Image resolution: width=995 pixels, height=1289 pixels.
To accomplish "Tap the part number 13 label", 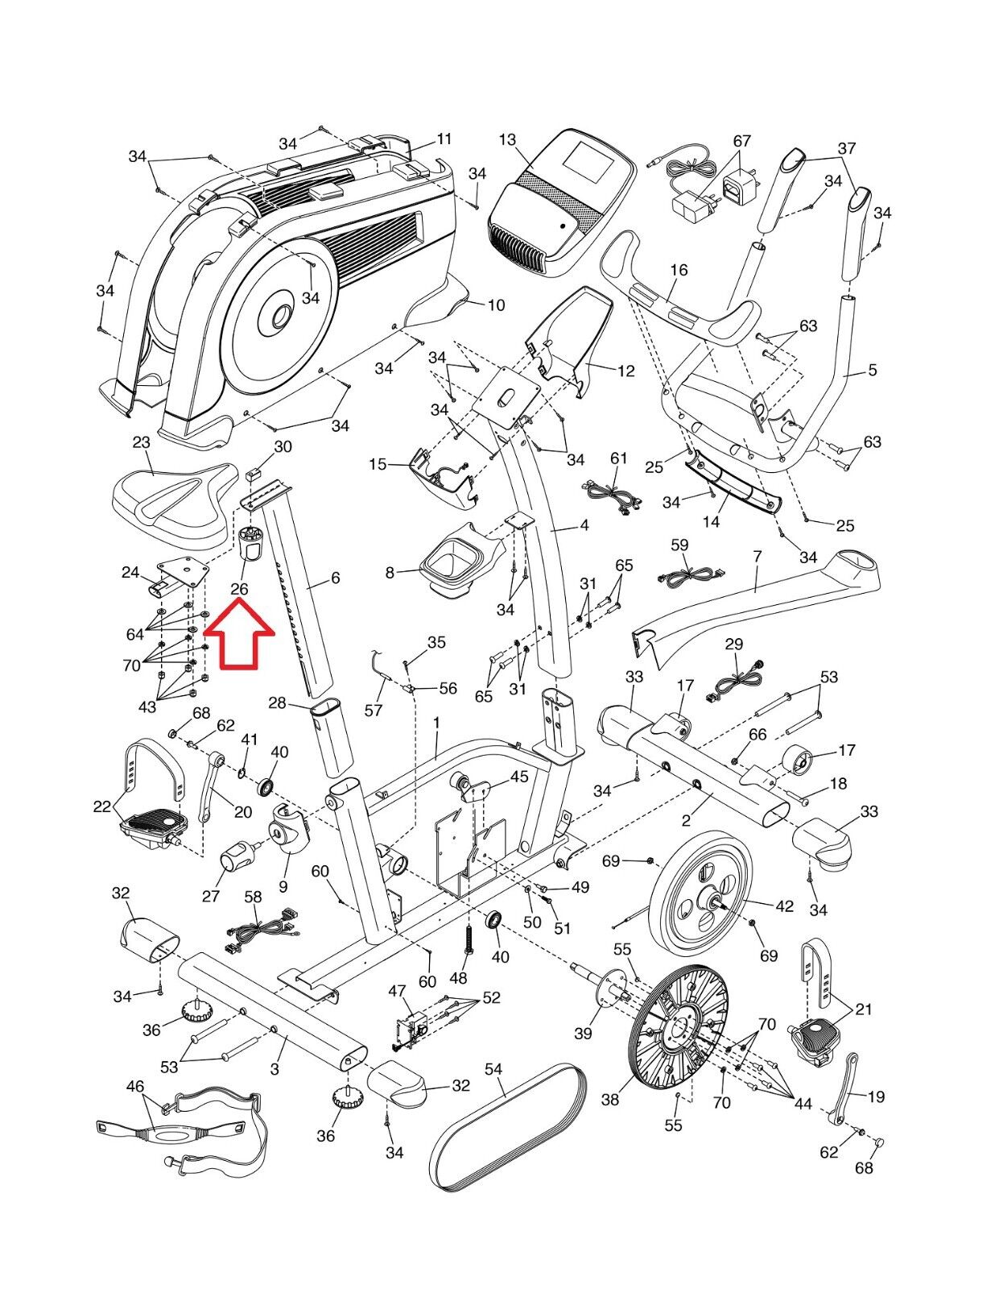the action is [507, 141].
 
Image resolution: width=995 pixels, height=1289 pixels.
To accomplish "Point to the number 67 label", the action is [741, 141].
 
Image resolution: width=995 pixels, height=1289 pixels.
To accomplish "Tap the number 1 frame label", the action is [437, 723].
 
